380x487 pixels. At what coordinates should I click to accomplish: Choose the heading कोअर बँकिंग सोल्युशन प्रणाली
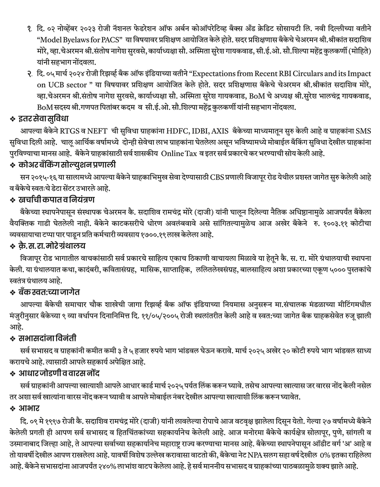pos(67,165)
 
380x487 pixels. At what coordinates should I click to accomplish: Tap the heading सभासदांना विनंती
pos(48,338)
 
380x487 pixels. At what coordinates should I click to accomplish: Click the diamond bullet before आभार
pos(13,409)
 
